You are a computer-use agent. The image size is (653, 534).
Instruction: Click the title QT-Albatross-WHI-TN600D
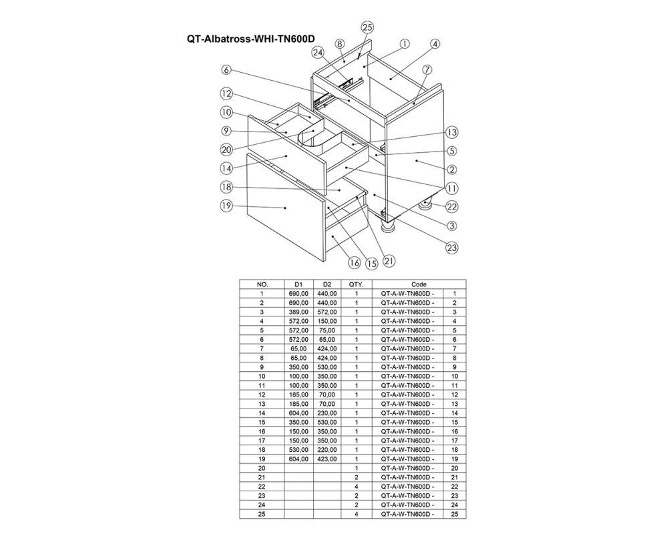click(250, 39)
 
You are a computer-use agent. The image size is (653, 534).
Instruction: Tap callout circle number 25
click(367, 28)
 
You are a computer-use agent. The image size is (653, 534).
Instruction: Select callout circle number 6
click(226, 69)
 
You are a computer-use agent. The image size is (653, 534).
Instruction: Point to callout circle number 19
click(226, 206)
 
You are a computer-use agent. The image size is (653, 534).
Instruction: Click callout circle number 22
click(452, 206)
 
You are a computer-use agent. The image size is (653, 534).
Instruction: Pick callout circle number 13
click(452, 132)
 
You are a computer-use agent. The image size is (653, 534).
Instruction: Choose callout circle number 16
click(355, 262)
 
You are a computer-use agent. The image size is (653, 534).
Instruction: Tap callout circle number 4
click(435, 44)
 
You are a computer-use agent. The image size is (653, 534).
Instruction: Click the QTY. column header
click(356, 285)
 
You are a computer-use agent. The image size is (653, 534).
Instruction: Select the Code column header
click(419, 285)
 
